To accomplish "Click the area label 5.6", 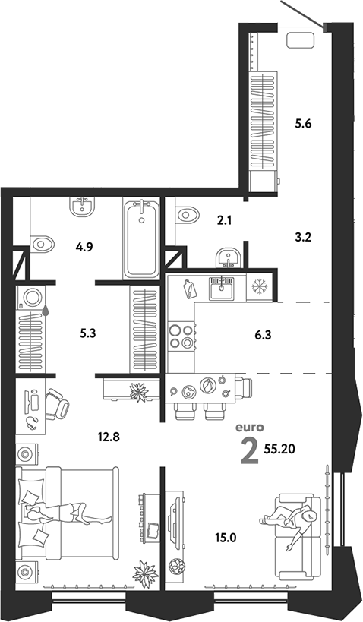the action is [x=303, y=124].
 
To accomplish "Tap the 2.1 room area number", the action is [x=224, y=220].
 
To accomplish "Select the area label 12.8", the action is [x=109, y=437].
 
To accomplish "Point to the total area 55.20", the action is [x=279, y=449].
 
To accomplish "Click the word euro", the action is [x=250, y=428].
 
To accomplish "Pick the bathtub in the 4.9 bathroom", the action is [x=140, y=238].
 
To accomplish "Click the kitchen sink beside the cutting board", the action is [x=223, y=288].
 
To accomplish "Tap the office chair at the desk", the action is [x=56, y=404].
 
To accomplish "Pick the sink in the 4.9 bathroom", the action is [x=83, y=207].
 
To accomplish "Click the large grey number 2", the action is [x=250, y=452].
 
